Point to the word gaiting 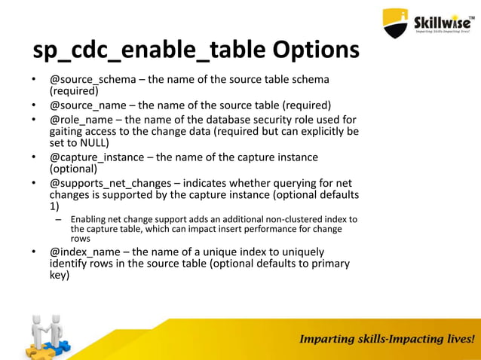(x=67, y=131)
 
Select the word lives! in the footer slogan (x=455, y=339)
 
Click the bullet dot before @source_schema (x=33, y=81)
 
